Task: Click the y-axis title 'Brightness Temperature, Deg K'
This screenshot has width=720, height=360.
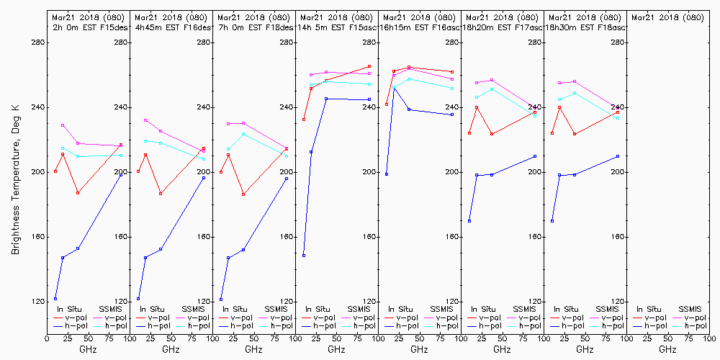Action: coord(15,179)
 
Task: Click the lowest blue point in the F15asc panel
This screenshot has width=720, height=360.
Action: coord(304,256)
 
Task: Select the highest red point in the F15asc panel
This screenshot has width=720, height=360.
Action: coord(369,66)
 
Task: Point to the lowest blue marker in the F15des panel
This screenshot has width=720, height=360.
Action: coord(55,299)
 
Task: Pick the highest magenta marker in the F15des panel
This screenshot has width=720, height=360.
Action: coord(63,125)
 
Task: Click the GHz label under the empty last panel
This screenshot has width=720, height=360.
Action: coord(667,349)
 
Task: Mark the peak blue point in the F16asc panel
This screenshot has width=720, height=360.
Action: coord(394,88)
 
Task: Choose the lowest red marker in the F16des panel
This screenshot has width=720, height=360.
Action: coord(161,194)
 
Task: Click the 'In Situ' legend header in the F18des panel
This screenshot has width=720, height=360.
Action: coord(235,309)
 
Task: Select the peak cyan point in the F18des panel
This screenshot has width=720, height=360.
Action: coord(243,134)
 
